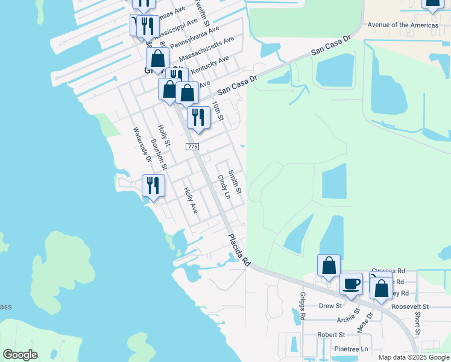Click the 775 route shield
[192, 147]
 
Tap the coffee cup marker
[351, 284]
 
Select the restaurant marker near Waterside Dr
[153, 185]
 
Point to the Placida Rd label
[239, 251]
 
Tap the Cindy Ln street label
[224, 187]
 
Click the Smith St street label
[235, 182]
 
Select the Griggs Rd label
[302, 306]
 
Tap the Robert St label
[331, 334]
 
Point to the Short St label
[417, 323]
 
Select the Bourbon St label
[159, 154]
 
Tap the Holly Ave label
[191, 200]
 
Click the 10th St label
[218, 111]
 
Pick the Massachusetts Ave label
[212, 47]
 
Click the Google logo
[20, 355]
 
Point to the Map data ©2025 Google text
[413, 357]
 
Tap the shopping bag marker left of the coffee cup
[329, 266]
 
